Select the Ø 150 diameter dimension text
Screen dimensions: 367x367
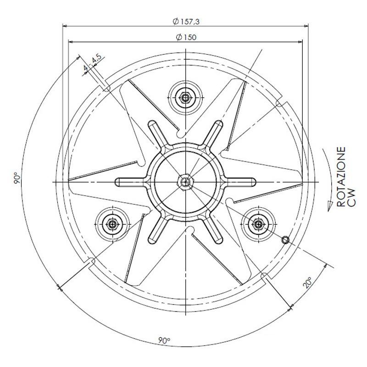[186, 38]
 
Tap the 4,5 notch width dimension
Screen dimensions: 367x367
[96, 59]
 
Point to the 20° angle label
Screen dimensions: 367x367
[307, 282]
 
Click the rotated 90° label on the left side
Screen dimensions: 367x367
[16, 178]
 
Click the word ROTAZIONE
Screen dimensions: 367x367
[342, 177]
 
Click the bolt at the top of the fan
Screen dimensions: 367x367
[184, 97]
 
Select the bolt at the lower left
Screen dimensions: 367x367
[111, 224]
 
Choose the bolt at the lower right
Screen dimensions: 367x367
[258, 224]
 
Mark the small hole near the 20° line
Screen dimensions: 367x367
[285, 239]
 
